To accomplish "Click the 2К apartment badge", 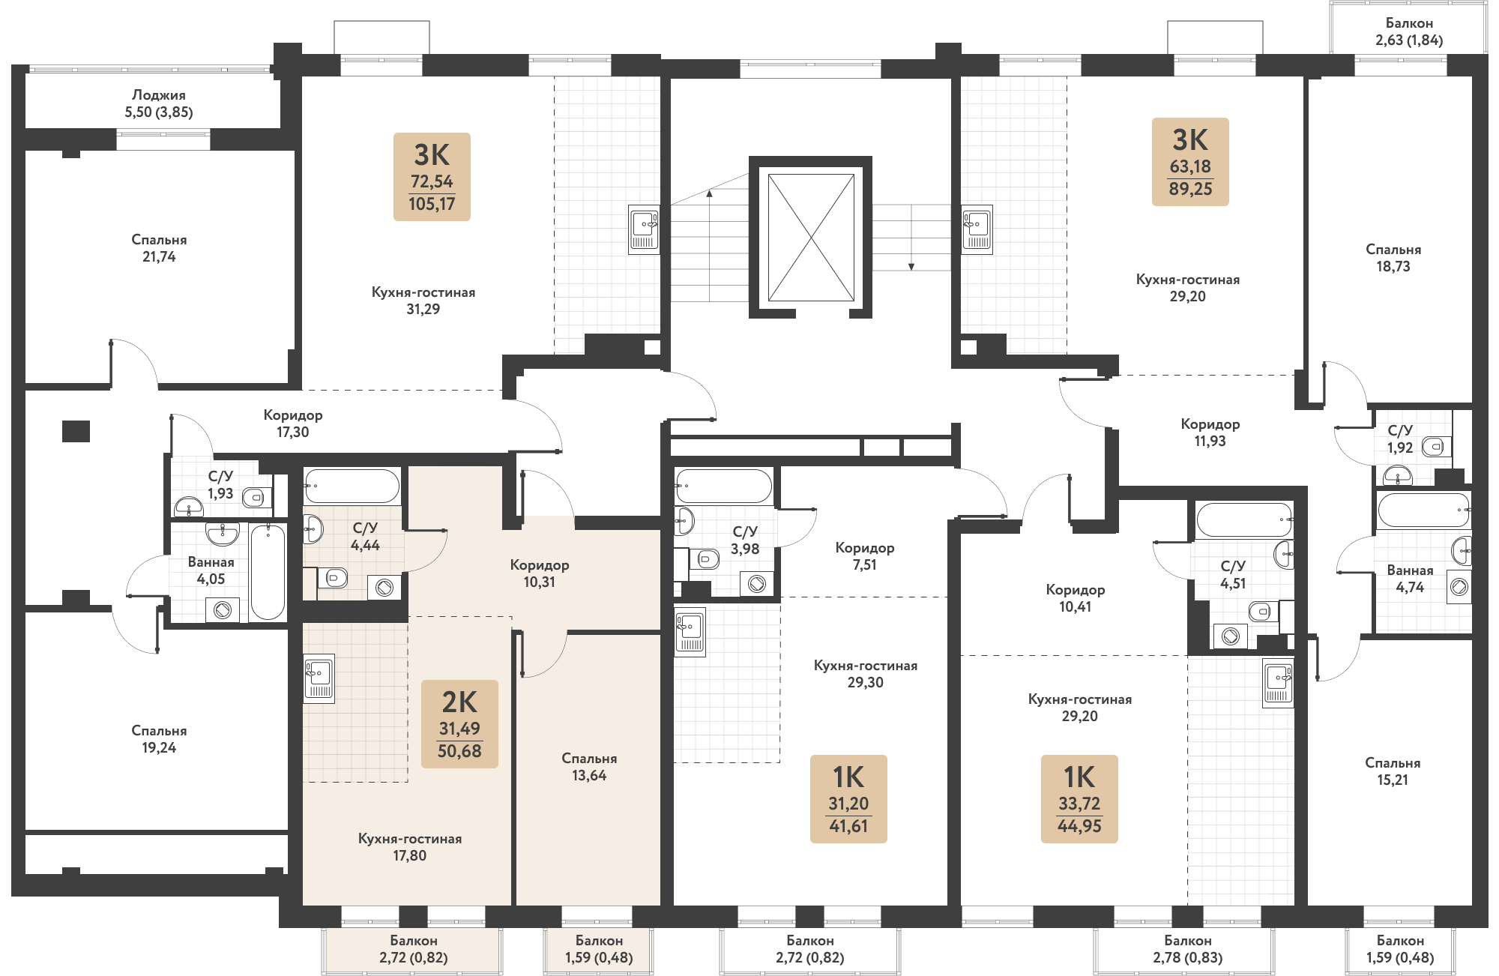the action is click(x=459, y=724).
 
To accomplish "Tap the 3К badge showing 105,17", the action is click(x=432, y=177).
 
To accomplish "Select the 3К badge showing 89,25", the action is click(x=1190, y=162).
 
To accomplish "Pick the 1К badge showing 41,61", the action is click(x=848, y=799).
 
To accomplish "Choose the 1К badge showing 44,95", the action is click(x=1079, y=799).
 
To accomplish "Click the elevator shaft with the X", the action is click(x=810, y=237).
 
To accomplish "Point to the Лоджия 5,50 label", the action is click(x=159, y=103).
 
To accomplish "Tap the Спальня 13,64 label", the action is click(x=589, y=767).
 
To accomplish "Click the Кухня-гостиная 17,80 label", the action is click(x=410, y=847).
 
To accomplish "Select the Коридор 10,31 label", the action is click(x=540, y=573).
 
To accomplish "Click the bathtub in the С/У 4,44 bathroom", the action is click(x=352, y=486).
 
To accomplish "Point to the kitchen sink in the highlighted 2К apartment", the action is click(x=319, y=678).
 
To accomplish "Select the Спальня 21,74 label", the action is click(x=159, y=248).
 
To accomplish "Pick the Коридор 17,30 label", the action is click(x=293, y=424).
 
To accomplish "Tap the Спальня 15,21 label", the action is click(x=1393, y=771).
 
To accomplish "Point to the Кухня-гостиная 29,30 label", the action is click(x=866, y=674).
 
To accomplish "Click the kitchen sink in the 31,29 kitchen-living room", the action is click(x=644, y=229).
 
